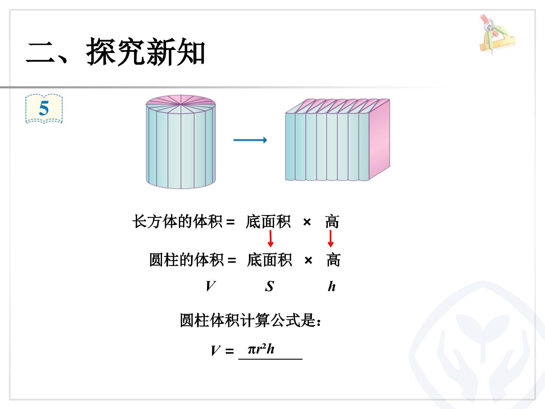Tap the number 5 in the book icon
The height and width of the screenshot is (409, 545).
coord(44,108)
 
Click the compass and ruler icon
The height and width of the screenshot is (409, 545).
coord(497,34)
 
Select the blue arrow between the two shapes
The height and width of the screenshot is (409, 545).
coord(250,140)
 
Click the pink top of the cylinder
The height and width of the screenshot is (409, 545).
coord(181,101)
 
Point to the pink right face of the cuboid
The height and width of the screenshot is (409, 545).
coord(379,139)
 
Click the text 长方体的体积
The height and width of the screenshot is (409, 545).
coord(177,221)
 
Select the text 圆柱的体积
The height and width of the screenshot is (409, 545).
coord(186,260)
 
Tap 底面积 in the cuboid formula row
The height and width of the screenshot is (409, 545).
coord(268,221)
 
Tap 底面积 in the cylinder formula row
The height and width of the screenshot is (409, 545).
coord(269,260)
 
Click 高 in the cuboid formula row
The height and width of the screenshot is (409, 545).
coord(332,221)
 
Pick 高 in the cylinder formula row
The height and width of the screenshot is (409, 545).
coord(333,260)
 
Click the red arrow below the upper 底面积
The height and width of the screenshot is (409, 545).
coord(271,239)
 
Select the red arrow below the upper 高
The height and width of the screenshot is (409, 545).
coord(330,239)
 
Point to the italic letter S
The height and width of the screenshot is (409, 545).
coord(269,286)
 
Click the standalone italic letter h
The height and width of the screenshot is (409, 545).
coord(332,286)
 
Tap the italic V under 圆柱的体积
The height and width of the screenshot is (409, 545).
coord(210,286)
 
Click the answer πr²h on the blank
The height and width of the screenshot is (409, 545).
coord(261,349)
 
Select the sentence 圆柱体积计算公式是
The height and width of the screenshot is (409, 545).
coord(250,320)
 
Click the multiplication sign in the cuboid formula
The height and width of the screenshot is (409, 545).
coord(307,222)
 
